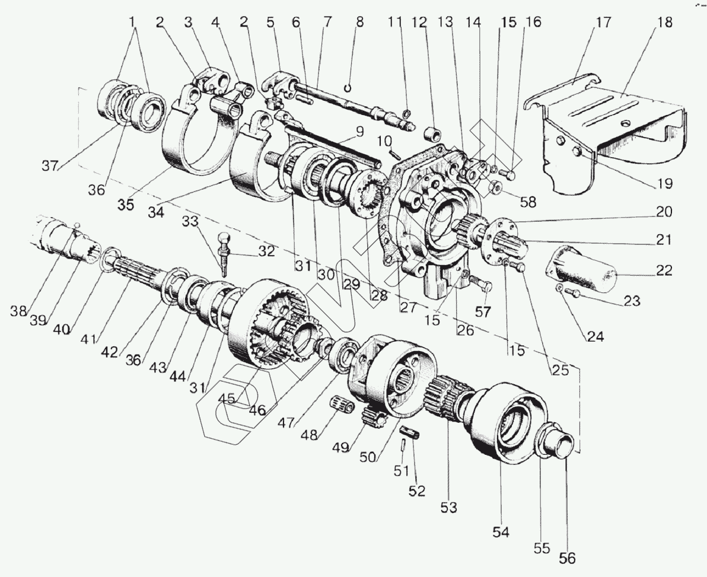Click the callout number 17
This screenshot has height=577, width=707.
pyautogui.click(x=603, y=23)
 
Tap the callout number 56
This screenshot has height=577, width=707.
pyautogui.click(x=567, y=558)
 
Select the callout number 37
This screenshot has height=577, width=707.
pyautogui.click(x=50, y=166)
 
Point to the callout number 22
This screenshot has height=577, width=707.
pyautogui.click(x=663, y=270)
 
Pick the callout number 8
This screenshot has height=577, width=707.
pyautogui.click(x=359, y=23)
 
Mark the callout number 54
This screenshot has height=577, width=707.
pyautogui.click(x=501, y=532)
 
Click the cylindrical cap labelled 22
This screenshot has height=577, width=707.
pyautogui.click(x=580, y=265)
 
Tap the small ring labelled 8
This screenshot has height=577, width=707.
pyautogui.click(x=348, y=87)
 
